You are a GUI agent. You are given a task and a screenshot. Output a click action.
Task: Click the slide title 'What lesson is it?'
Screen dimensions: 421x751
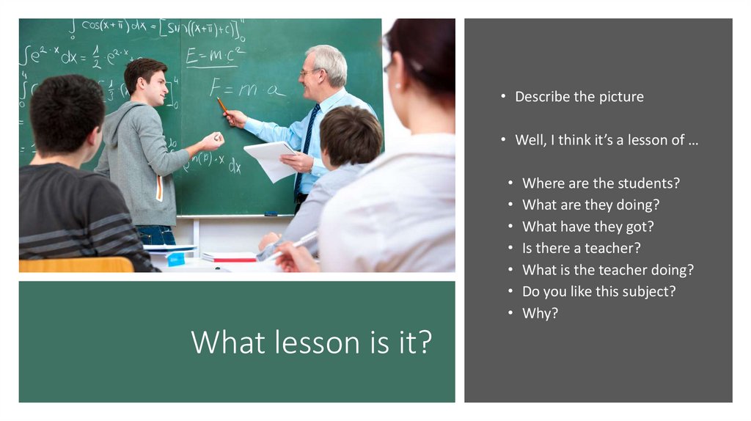coord(311,343)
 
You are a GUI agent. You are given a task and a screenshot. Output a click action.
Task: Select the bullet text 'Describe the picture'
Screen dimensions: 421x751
coord(579,97)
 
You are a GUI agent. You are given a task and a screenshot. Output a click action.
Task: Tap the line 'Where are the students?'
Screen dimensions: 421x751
coord(606,183)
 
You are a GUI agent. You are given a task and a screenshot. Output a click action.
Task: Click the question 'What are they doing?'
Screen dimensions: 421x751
coord(590,205)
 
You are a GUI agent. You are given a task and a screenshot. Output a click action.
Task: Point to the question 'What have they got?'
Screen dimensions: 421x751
coord(587,227)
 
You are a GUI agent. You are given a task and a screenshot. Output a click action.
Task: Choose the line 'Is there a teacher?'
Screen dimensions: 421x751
coord(582,248)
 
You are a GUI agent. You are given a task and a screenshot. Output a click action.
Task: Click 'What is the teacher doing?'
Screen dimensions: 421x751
coord(607,270)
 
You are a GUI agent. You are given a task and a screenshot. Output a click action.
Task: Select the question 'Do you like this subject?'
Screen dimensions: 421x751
coord(598,291)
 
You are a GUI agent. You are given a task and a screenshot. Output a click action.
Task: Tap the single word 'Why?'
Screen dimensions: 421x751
coord(540,313)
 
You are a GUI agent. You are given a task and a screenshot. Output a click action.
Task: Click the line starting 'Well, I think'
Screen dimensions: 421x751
coord(606,140)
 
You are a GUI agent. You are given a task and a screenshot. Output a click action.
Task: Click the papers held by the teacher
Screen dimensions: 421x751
coord(268,160)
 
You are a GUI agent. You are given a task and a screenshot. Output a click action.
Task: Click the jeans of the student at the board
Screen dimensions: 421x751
coord(156,235)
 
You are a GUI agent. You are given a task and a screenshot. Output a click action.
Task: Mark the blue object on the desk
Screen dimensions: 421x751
coord(176,259)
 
